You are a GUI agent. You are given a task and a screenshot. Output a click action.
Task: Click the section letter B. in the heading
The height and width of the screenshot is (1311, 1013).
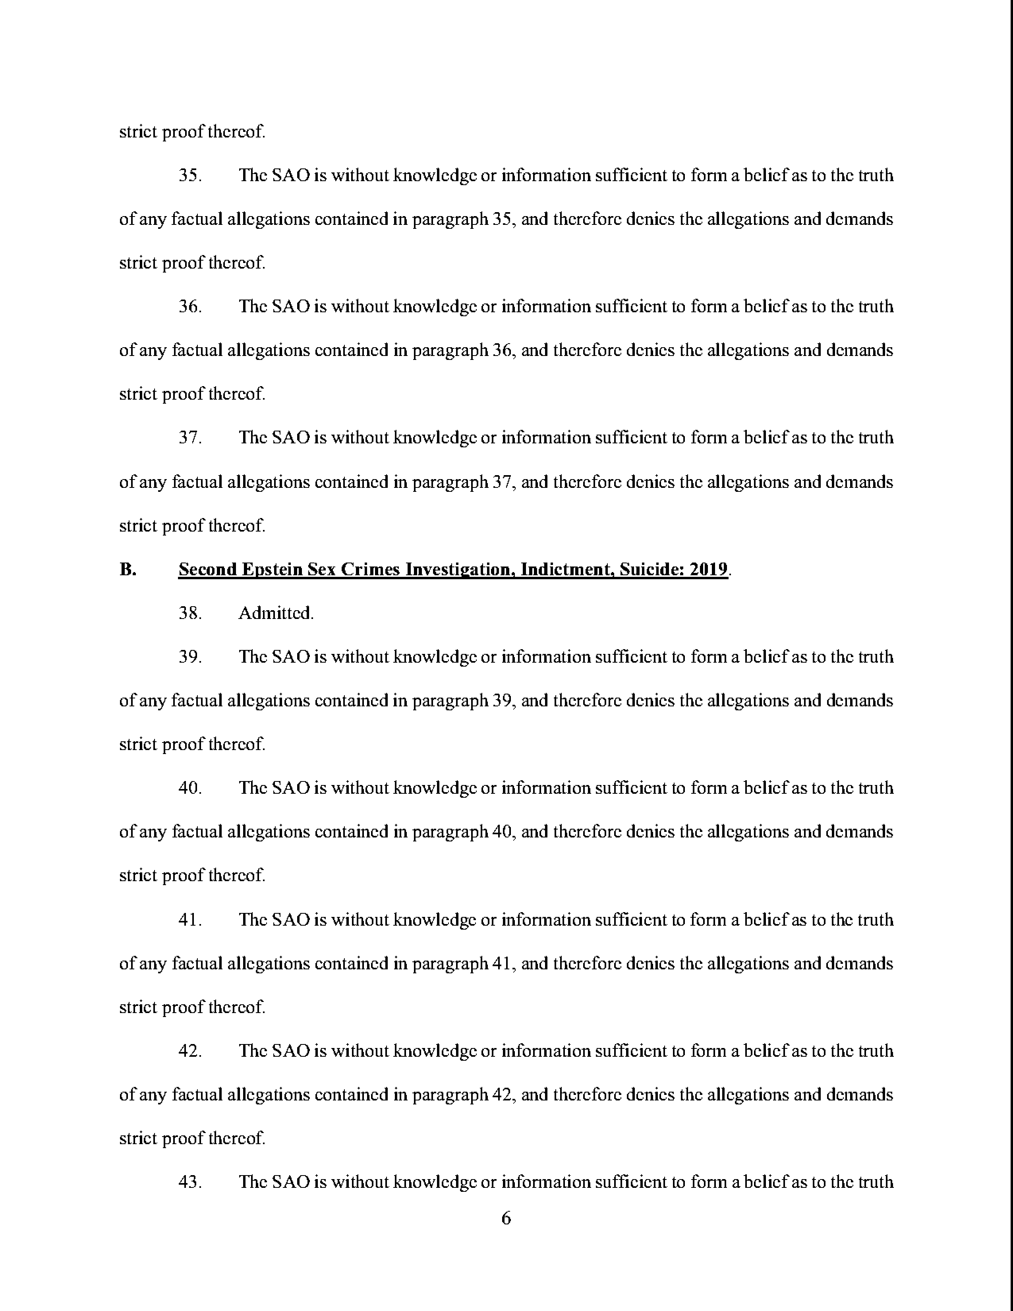point(128,569)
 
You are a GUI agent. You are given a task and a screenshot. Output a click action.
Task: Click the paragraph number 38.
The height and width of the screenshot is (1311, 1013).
point(189,613)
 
